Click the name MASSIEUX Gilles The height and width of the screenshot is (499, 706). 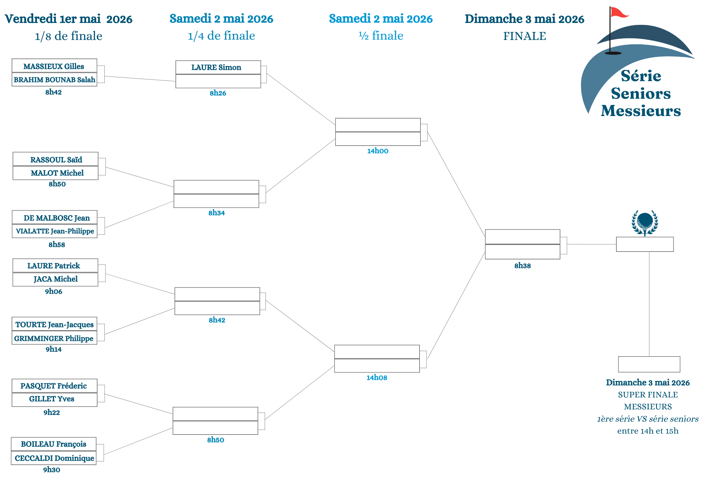point(54,66)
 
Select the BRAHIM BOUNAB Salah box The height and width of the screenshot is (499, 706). point(54,80)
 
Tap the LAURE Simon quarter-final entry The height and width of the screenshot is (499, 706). point(216,67)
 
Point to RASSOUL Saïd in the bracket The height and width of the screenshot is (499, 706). point(56,160)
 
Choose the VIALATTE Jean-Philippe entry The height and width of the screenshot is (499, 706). point(55,231)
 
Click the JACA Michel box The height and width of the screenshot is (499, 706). point(55,279)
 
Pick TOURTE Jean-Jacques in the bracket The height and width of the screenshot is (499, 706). point(54,324)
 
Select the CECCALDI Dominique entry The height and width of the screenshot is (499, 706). point(54,458)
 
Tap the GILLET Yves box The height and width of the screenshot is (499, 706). point(52,399)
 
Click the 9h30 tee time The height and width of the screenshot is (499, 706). point(52,470)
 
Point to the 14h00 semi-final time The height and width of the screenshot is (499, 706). point(378,151)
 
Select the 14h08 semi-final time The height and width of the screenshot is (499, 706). point(377,378)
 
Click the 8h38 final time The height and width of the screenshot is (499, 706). point(522,266)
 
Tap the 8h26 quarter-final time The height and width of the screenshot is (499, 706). point(218,93)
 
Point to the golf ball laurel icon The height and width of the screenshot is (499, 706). point(645,223)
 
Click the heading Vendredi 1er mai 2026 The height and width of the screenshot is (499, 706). point(69,19)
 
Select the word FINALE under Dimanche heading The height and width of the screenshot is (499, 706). point(525,36)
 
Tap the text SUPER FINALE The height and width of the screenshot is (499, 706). point(648,395)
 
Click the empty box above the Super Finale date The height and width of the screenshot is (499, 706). point(649,364)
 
